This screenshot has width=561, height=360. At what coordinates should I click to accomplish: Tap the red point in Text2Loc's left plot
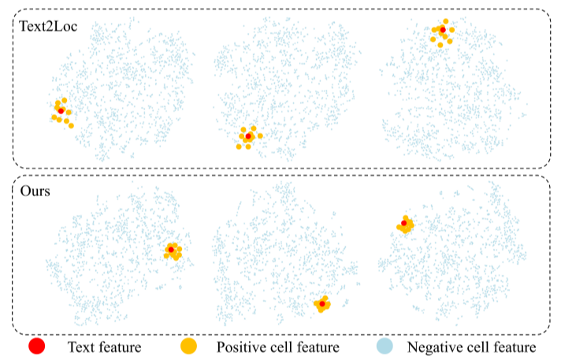click(61, 111)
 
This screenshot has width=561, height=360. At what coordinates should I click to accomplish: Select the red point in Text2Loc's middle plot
click(248, 137)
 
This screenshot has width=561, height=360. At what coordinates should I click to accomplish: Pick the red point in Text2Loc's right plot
click(443, 30)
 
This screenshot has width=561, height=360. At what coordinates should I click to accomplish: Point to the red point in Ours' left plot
click(171, 250)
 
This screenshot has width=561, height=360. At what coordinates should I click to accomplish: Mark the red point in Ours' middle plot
click(321, 304)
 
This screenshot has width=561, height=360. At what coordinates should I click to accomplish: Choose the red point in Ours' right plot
click(404, 224)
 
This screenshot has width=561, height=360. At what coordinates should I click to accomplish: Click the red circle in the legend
click(36, 346)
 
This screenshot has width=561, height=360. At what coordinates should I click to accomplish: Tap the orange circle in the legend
click(188, 346)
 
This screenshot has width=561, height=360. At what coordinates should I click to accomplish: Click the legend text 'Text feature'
click(104, 347)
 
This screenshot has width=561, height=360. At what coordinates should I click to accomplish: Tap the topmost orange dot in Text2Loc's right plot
click(446, 21)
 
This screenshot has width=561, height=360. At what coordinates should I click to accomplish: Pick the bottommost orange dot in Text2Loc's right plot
click(440, 45)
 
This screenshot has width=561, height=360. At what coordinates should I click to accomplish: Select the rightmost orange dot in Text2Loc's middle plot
click(260, 135)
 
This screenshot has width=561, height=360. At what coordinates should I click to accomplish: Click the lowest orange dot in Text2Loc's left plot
click(71, 125)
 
